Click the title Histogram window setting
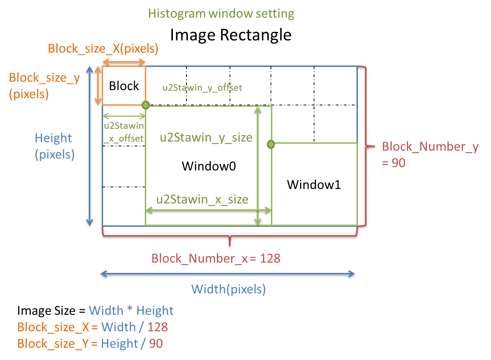pos(221,14)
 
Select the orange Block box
pos(124,86)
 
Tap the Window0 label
pos(209,166)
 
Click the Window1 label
pos(314,184)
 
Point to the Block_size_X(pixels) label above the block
pos(103,49)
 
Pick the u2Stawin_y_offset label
pos(202,87)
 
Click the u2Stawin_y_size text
pos(206,138)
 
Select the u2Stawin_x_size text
pos(202,199)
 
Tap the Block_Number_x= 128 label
pos(216,258)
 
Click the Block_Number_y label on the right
pos(430,147)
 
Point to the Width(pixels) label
pos(228,289)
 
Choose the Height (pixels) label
pos(54,146)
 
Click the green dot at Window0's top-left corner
pos(146,105)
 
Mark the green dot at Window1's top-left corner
pos(271,145)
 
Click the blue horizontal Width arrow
pos(227,274)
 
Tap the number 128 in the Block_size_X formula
pos(158,327)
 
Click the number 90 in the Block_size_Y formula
pos(156,343)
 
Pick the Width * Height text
pos(131,311)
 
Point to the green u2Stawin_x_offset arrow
pos(124,116)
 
